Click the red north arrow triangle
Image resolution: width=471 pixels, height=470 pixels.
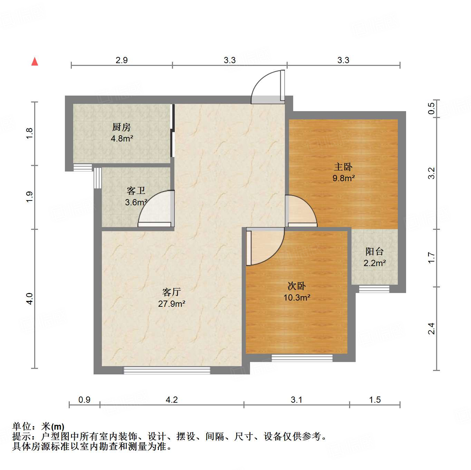(x=35, y=62)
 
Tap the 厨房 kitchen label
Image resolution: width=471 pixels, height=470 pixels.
(x=122, y=127)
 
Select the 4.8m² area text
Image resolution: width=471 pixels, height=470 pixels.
(x=122, y=139)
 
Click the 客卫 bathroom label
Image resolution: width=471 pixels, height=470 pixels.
(x=136, y=190)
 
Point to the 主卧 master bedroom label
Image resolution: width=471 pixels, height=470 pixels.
(x=343, y=167)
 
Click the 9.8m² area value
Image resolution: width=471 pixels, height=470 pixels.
(x=344, y=178)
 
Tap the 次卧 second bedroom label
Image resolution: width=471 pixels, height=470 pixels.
(x=297, y=286)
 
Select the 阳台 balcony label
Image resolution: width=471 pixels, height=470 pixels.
(x=375, y=252)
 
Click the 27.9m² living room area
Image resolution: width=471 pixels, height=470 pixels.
(x=172, y=304)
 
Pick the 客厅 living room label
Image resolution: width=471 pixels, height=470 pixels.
(x=172, y=292)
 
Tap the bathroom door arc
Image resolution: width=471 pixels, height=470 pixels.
(x=154, y=208)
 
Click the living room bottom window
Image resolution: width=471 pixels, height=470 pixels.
(x=167, y=370)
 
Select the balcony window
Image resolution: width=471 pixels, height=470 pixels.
(x=374, y=289)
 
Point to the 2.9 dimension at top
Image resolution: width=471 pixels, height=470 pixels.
(x=122, y=60)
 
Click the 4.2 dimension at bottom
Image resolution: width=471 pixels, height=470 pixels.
(x=172, y=400)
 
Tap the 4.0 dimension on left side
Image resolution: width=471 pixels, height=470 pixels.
(x=30, y=298)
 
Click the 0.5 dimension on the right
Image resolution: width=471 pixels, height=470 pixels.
(x=431, y=109)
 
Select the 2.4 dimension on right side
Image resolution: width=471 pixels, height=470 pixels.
(x=431, y=329)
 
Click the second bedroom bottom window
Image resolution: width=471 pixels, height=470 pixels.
(x=302, y=358)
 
